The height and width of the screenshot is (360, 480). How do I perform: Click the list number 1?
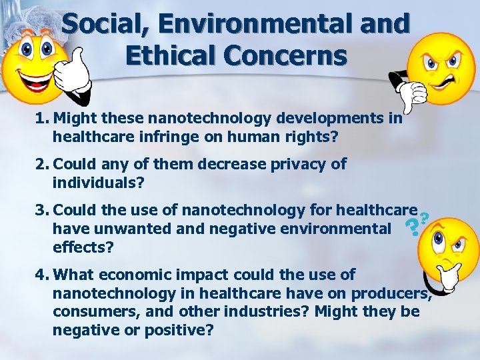point(42,119)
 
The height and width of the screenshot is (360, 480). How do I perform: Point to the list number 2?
point(42,164)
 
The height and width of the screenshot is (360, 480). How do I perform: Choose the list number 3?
point(42,211)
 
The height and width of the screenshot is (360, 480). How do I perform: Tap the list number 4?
point(42,275)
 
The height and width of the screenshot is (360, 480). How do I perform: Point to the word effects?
point(82,247)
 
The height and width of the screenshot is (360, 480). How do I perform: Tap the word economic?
point(141,275)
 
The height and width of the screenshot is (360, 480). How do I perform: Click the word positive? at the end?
point(181,329)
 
